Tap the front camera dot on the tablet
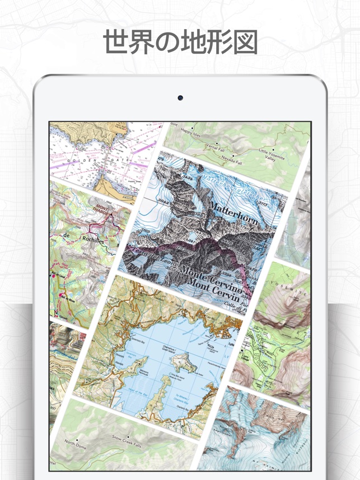(180, 97)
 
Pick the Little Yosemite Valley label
(271, 154)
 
